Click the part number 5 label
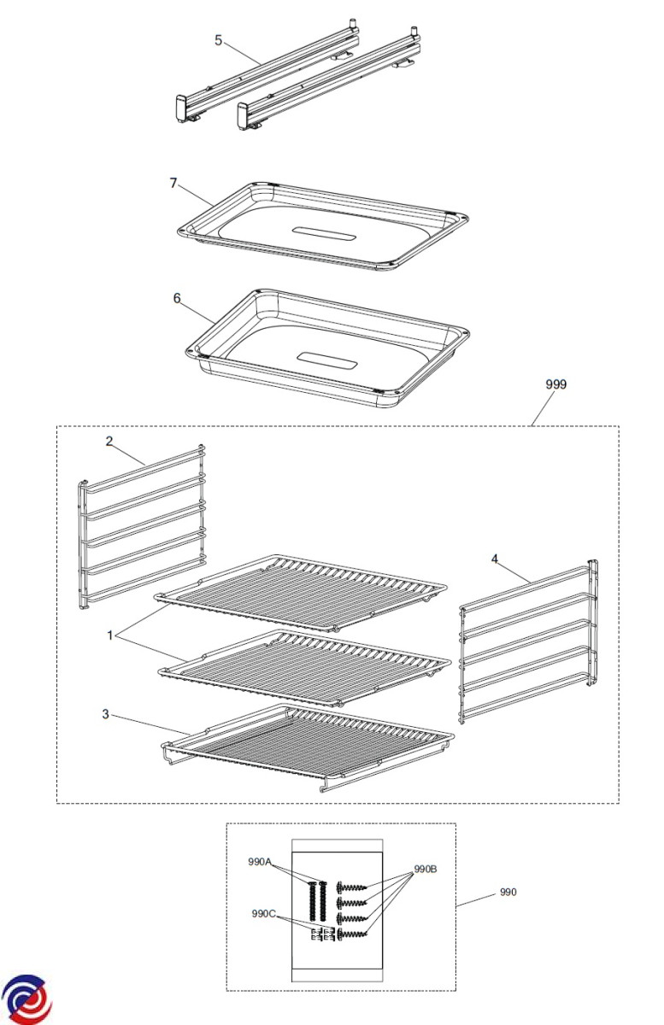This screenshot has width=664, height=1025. (x=219, y=41)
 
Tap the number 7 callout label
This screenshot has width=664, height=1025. (x=173, y=183)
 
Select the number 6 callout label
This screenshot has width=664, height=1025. (x=177, y=298)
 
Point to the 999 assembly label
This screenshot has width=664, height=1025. (x=556, y=384)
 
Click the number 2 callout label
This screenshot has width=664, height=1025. (x=109, y=442)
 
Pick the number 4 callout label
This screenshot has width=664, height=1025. (x=495, y=559)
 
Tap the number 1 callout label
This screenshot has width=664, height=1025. (x=110, y=635)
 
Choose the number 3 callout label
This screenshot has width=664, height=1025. (x=106, y=714)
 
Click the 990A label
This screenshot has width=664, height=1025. (x=260, y=862)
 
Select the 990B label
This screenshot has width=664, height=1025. (x=426, y=869)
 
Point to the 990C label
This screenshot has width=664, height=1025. (x=264, y=914)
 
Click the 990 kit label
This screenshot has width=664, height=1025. (x=508, y=892)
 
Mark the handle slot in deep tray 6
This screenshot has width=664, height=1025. (x=326, y=362)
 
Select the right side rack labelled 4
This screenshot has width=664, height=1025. (x=528, y=641)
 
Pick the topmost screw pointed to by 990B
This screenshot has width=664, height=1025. (x=352, y=888)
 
